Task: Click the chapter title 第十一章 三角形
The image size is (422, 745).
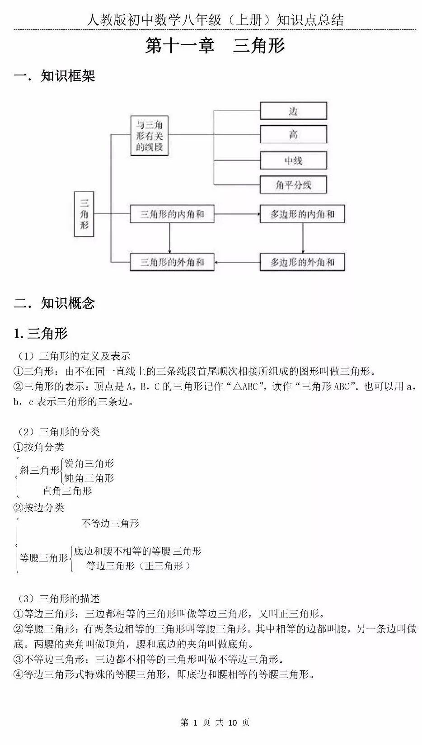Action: tap(215, 46)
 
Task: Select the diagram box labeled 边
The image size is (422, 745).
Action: tap(293, 111)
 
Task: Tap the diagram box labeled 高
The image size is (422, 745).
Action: tap(293, 135)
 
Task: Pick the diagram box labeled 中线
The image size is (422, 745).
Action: tap(293, 160)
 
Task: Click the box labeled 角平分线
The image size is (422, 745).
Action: tap(293, 184)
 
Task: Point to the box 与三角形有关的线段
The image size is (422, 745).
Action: tap(150, 136)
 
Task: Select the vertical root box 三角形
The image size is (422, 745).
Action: tap(84, 214)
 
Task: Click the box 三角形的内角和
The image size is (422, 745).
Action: tap(172, 214)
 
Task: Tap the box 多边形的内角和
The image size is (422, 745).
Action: tap(302, 214)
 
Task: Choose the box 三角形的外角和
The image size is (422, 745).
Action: tap(172, 262)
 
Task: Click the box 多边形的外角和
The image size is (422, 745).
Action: tap(302, 262)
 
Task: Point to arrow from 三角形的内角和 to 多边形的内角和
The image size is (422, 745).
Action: tap(237, 214)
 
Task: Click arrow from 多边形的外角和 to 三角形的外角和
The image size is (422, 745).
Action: tap(237, 262)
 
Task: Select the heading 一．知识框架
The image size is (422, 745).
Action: tap(55, 76)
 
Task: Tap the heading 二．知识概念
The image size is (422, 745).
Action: tap(55, 303)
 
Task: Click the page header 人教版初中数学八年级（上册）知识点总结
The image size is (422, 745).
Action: tap(215, 20)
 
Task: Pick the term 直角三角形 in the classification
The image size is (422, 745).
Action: tap(67, 491)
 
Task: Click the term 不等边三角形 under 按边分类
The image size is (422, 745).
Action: tap(110, 523)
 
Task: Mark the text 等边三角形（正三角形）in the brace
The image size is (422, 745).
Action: tap(138, 566)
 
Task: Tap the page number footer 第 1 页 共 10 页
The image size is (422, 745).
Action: tap(215, 722)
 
